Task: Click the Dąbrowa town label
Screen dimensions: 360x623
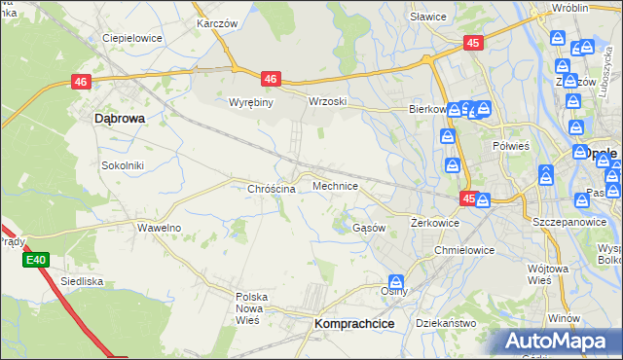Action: (x=120, y=118)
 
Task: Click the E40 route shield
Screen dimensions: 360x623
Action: (x=36, y=260)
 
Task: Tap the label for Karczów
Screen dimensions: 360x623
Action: (x=218, y=22)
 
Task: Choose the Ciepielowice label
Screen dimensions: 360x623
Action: (x=131, y=39)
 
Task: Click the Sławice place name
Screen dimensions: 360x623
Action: (x=427, y=17)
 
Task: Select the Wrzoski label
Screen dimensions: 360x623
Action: (x=328, y=101)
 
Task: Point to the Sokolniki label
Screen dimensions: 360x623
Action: (x=123, y=165)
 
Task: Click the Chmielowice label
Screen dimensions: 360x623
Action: (x=465, y=250)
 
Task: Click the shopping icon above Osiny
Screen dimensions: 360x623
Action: (x=396, y=282)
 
